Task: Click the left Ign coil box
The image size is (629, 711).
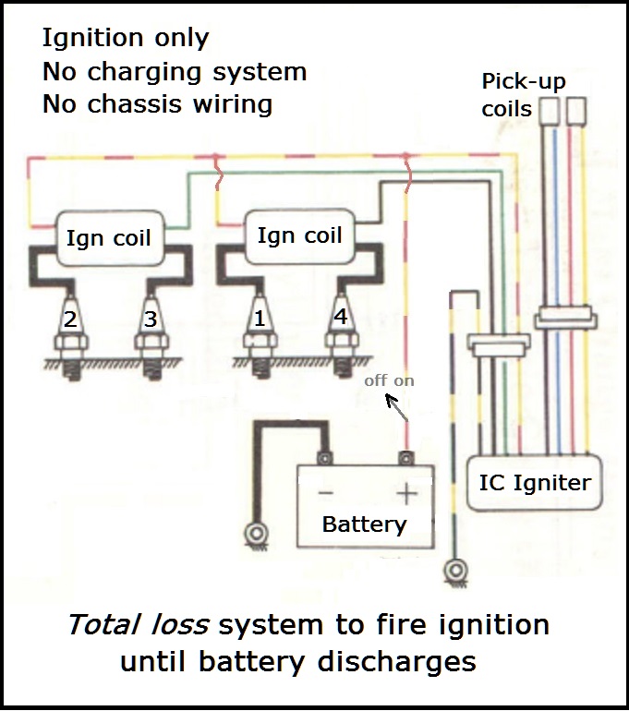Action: point(108,238)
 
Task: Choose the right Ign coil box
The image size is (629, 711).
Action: point(299,235)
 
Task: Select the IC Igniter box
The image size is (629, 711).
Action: point(535,482)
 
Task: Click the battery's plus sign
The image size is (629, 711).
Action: point(406,493)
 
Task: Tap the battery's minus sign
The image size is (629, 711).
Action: point(325,493)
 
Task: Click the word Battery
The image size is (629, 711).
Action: point(364,524)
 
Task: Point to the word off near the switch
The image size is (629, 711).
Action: point(376,380)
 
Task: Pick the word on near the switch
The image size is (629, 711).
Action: point(404,380)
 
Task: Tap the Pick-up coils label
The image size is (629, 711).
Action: point(523,95)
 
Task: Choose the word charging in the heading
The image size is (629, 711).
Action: point(137,71)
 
